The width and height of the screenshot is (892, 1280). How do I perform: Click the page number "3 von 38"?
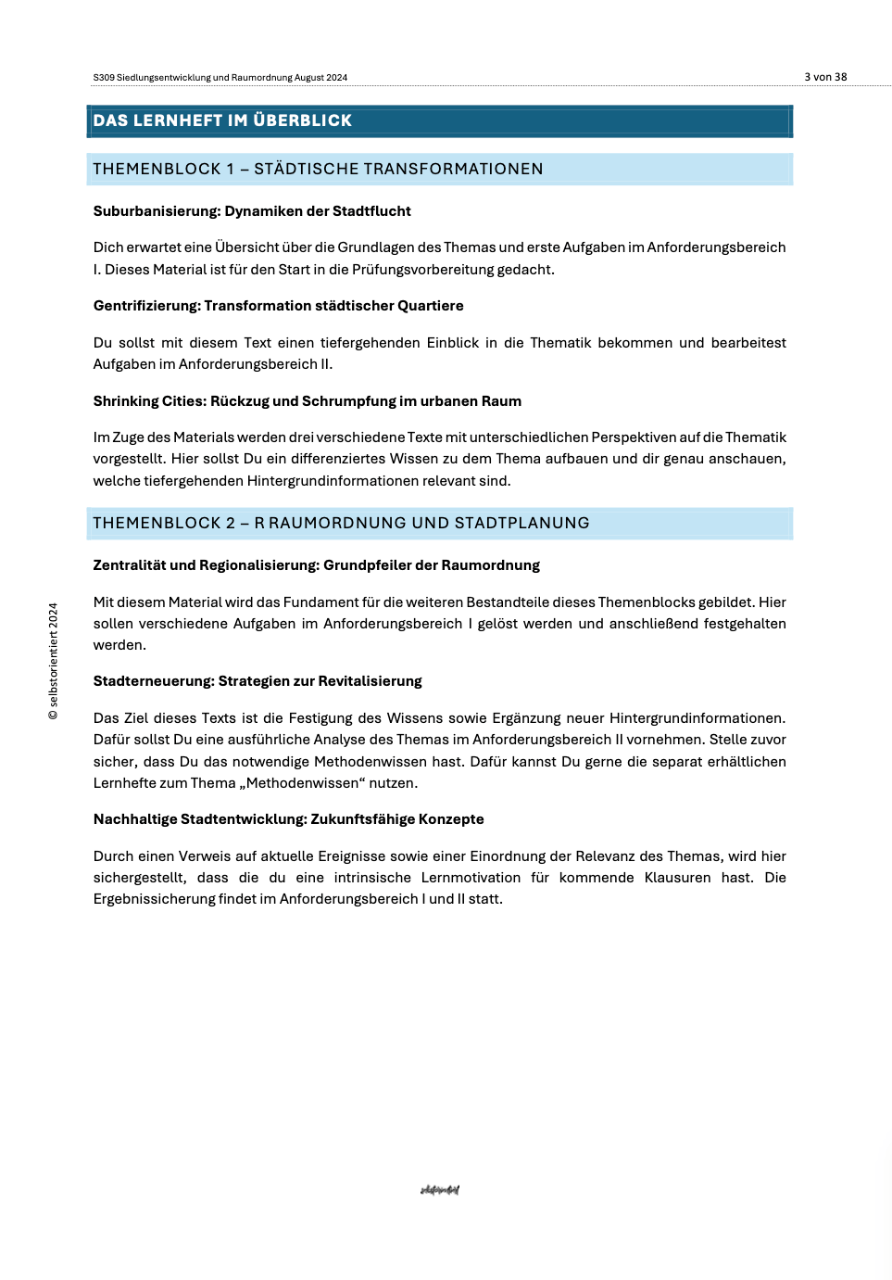[825, 77]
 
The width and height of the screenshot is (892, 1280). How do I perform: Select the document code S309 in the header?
[104, 78]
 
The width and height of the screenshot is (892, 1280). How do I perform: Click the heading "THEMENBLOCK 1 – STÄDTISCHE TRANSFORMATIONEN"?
[318, 169]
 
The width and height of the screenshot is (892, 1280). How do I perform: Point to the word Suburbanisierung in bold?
[156, 211]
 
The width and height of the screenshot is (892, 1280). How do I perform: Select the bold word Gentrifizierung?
[145, 306]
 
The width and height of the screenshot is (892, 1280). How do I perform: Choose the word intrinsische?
[372, 878]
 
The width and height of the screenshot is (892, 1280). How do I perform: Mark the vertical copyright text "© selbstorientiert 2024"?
[53, 662]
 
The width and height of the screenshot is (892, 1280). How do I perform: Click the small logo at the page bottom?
[440, 1190]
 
